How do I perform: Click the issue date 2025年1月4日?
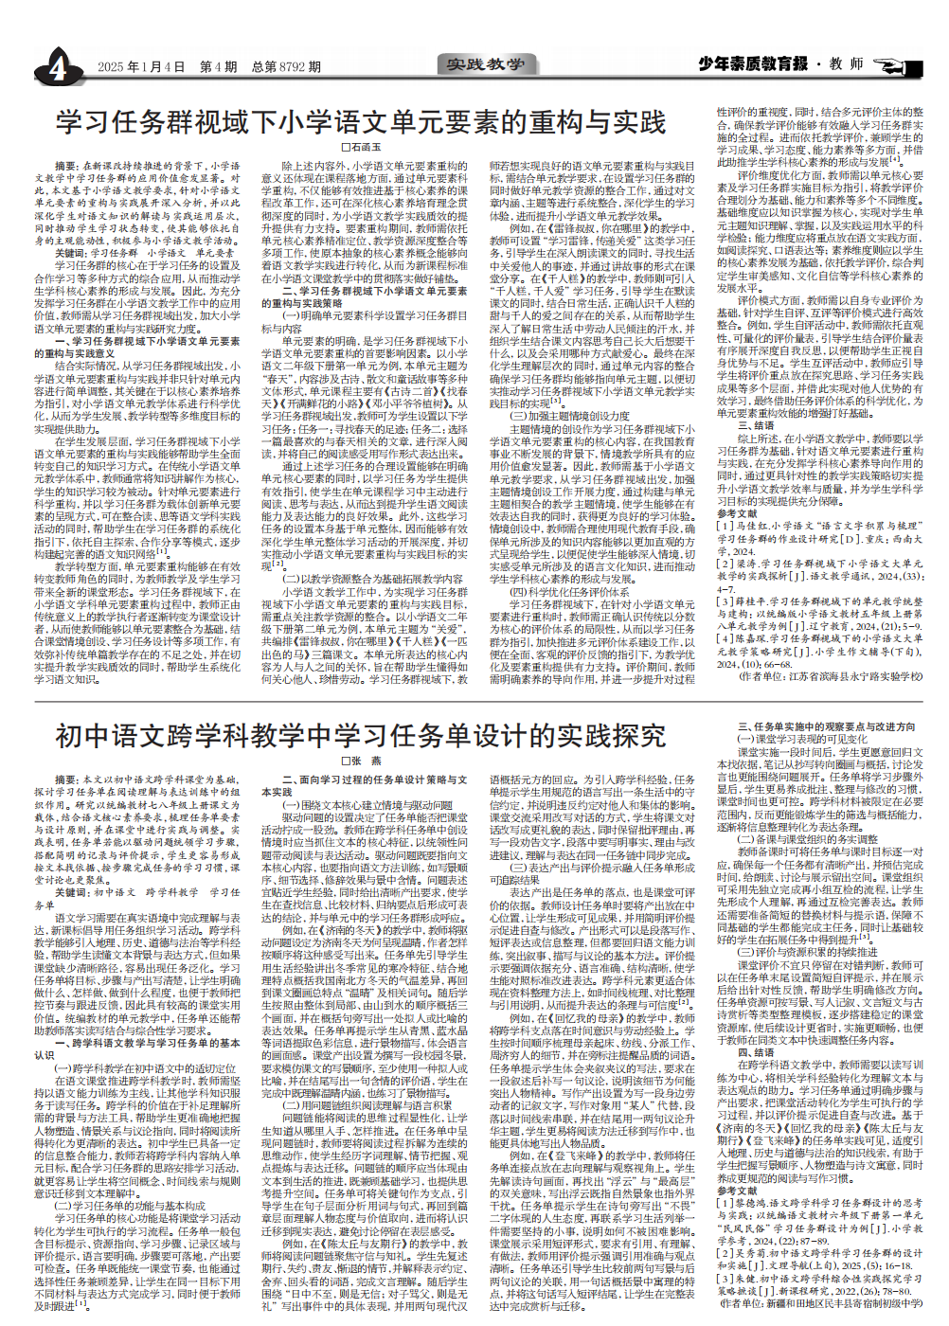click(141, 67)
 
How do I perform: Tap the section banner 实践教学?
click(485, 64)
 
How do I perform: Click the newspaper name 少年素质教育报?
click(753, 63)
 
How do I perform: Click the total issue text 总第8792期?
click(285, 67)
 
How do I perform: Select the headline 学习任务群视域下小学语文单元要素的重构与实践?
click(361, 122)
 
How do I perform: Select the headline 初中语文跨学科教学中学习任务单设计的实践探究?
click(361, 736)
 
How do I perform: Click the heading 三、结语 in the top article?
click(757, 426)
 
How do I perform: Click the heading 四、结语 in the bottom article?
click(757, 1052)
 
